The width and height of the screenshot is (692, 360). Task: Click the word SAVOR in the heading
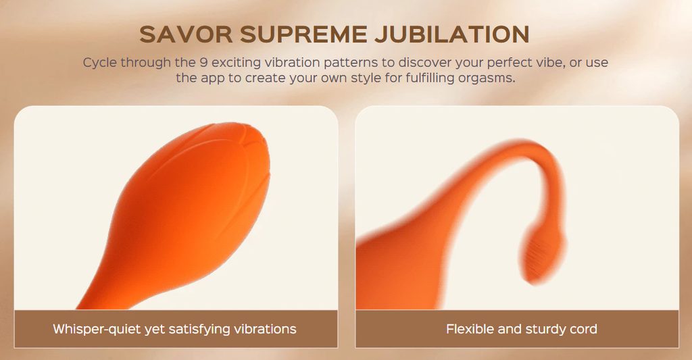(186, 34)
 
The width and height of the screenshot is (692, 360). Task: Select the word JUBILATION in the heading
(452, 34)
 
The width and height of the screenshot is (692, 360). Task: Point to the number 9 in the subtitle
(203, 62)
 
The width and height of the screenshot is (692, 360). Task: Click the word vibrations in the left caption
(265, 329)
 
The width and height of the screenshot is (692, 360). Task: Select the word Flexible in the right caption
(470, 329)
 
